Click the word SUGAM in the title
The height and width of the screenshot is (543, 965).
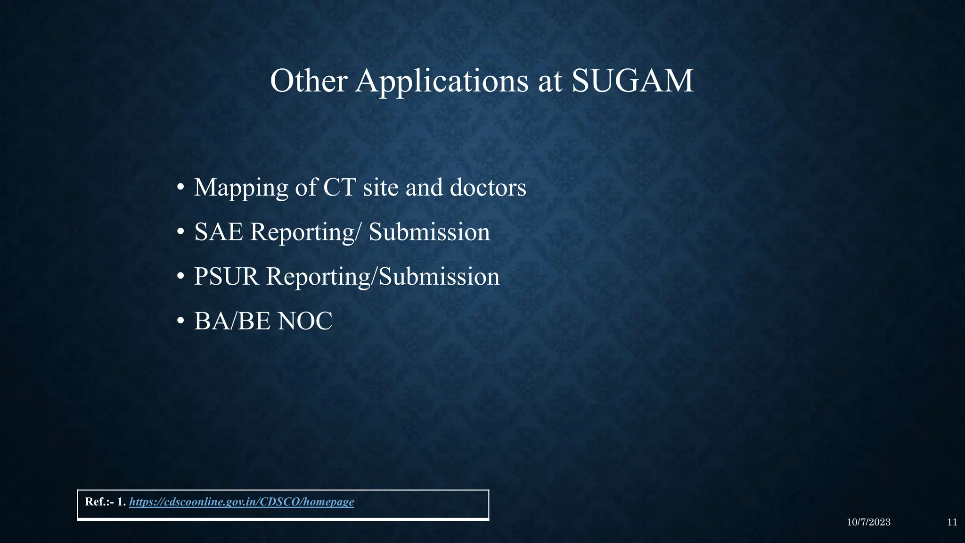coord(632,81)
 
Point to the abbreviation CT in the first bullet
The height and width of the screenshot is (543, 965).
coord(339,188)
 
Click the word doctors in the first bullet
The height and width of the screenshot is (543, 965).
coord(488,188)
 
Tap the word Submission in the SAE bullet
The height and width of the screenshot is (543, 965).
coord(429,232)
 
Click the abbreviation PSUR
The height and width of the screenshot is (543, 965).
coord(226,276)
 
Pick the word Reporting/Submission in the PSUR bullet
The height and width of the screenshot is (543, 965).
coord(383,276)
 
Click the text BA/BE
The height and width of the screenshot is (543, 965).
coord(232,321)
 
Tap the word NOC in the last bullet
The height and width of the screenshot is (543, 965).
coord(305,321)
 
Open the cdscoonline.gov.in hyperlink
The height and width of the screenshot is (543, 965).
coord(241,502)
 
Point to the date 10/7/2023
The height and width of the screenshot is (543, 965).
coord(868,522)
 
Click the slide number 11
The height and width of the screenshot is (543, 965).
coord(952,522)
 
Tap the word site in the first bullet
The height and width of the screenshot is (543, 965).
coord(380,188)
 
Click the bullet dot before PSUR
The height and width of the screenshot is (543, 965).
coord(180,277)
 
